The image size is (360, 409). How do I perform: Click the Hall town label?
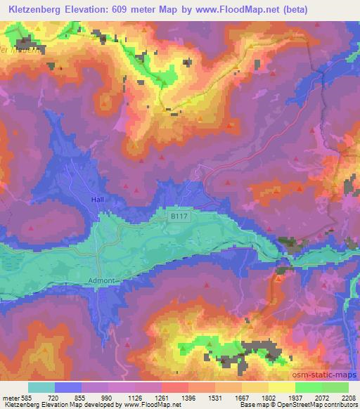pos(97,200)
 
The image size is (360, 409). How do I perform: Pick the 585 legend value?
pos(29,398)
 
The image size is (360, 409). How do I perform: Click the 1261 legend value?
pos(160,398)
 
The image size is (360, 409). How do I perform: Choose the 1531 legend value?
pos(214,398)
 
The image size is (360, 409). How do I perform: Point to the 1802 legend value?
pos(269,398)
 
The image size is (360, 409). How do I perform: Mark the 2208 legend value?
pos(349,398)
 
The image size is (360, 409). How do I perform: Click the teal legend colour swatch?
pos(41,387)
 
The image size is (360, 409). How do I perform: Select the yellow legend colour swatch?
pos(281,387)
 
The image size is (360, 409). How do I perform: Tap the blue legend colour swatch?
pos(68,387)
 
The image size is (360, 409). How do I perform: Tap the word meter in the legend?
pos(11,398)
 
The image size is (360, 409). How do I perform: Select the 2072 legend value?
pos(323,398)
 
